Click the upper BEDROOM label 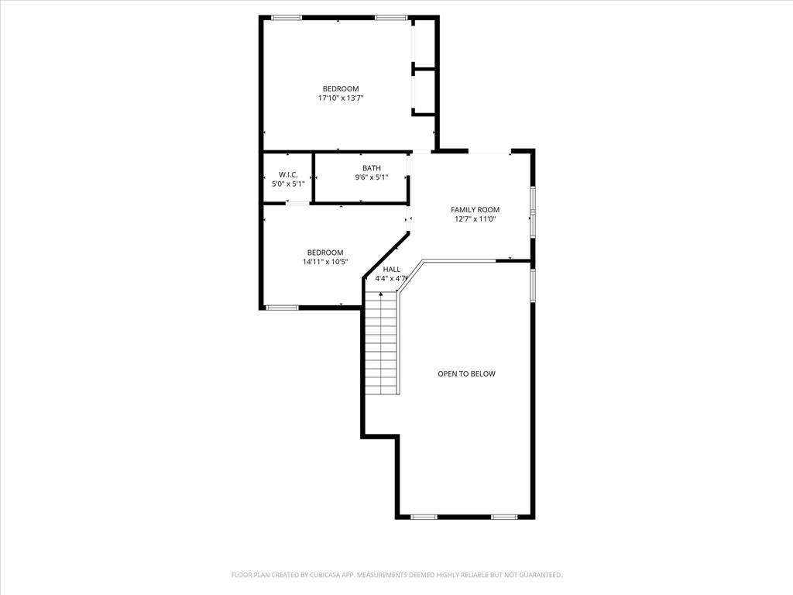click(x=341, y=88)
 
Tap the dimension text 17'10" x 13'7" click(x=341, y=98)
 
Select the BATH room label click(x=372, y=168)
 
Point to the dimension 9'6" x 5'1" click(x=372, y=177)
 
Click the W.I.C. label click(x=288, y=174)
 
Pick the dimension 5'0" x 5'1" click(x=288, y=184)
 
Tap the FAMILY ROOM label click(x=475, y=209)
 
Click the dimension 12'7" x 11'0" click(x=475, y=219)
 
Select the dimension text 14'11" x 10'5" click(x=325, y=262)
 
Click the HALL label click(x=392, y=269)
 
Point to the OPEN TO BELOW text click(x=466, y=373)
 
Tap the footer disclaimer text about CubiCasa click(x=396, y=575)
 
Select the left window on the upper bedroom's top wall click(x=287, y=17)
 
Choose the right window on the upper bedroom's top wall click(x=391, y=17)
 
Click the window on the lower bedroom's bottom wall click(x=283, y=308)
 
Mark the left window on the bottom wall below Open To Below click(x=424, y=517)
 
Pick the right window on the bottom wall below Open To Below click(x=504, y=517)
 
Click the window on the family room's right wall click(x=533, y=211)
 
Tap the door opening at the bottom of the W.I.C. click(x=297, y=203)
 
